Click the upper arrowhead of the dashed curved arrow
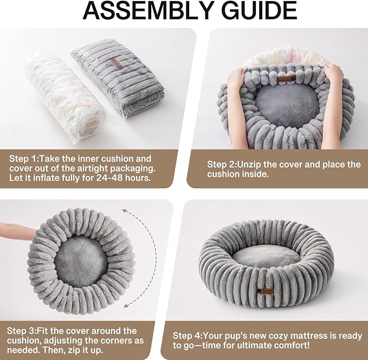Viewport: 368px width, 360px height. pos(126,211)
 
